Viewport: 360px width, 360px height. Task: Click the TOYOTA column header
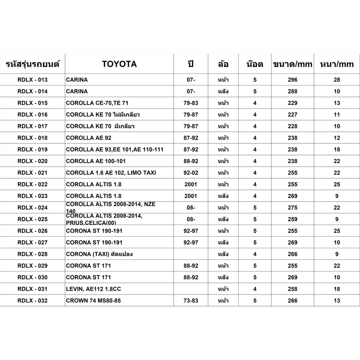click(x=119, y=64)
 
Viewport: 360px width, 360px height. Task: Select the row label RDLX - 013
click(x=32, y=80)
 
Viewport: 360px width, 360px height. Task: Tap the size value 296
click(x=292, y=80)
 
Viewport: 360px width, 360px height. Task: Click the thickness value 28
click(x=337, y=80)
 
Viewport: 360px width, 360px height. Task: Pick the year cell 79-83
click(x=191, y=103)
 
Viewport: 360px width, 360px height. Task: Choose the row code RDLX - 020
click(x=32, y=161)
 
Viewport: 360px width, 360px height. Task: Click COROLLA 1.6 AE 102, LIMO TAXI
click(x=111, y=173)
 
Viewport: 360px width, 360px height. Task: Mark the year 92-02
click(x=191, y=173)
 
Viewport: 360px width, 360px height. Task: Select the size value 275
click(x=292, y=207)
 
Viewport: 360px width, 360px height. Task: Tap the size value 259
click(x=292, y=219)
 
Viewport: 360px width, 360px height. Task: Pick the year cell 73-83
click(x=191, y=301)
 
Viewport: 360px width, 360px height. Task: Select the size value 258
click(x=292, y=289)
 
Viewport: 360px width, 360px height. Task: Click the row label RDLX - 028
click(x=32, y=254)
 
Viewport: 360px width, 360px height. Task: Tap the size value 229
click(x=292, y=103)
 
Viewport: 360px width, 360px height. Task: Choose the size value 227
click(x=292, y=115)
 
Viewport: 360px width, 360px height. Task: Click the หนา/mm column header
click(x=337, y=64)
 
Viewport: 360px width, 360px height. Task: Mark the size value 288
click(x=292, y=91)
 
